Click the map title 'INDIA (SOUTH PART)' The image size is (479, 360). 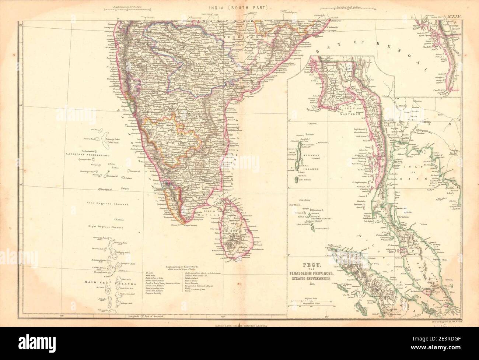coord(239,7)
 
